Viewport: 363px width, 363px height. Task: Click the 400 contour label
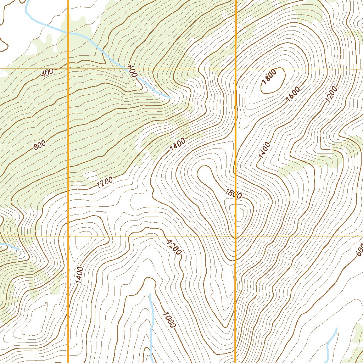47,73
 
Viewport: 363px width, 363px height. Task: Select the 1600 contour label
293,94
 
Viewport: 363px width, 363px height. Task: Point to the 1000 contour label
169,319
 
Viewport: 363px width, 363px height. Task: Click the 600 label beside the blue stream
131,71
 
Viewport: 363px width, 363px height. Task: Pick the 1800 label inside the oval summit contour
269,77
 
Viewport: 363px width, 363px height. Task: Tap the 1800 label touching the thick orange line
233,194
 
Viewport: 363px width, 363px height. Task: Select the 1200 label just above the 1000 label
174,247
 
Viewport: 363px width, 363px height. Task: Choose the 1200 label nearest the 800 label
104,182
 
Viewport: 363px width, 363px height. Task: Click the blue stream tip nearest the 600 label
170,97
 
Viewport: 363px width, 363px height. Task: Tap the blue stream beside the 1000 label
151,319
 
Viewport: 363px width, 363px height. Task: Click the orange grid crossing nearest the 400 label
68,68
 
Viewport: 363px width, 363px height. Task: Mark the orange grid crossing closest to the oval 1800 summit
236,68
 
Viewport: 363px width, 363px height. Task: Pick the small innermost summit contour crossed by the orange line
239,215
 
